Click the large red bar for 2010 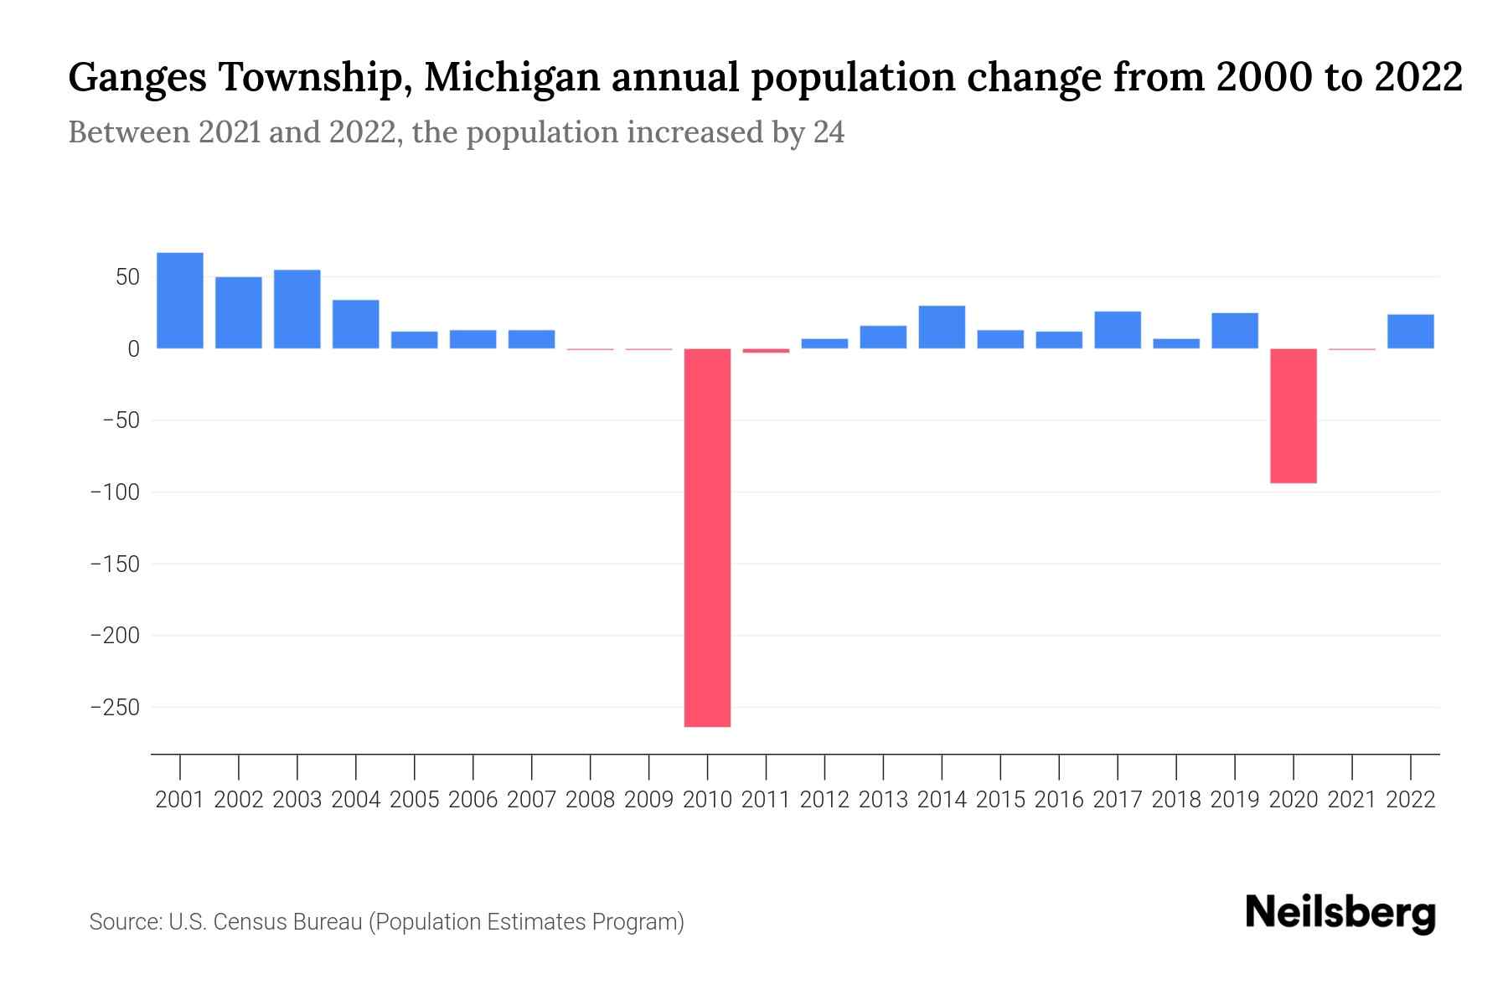[x=707, y=537]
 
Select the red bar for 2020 [x=1293, y=415]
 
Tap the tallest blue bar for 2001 [x=180, y=300]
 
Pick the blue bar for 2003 [x=297, y=308]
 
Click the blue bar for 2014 [x=942, y=327]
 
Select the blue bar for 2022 [x=1410, y=331]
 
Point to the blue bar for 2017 [x=1118, y=329]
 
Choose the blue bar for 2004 [x=356, y=323]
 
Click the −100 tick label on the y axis [x=115, y=492]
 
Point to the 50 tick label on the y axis [x=127, y=277]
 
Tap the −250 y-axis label [x=115, y=708]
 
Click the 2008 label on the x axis [x=590, y=800]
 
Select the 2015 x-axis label [x=1000, y=800]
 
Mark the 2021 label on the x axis [x=1351, y=800]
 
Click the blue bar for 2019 [x=1234, y=330]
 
